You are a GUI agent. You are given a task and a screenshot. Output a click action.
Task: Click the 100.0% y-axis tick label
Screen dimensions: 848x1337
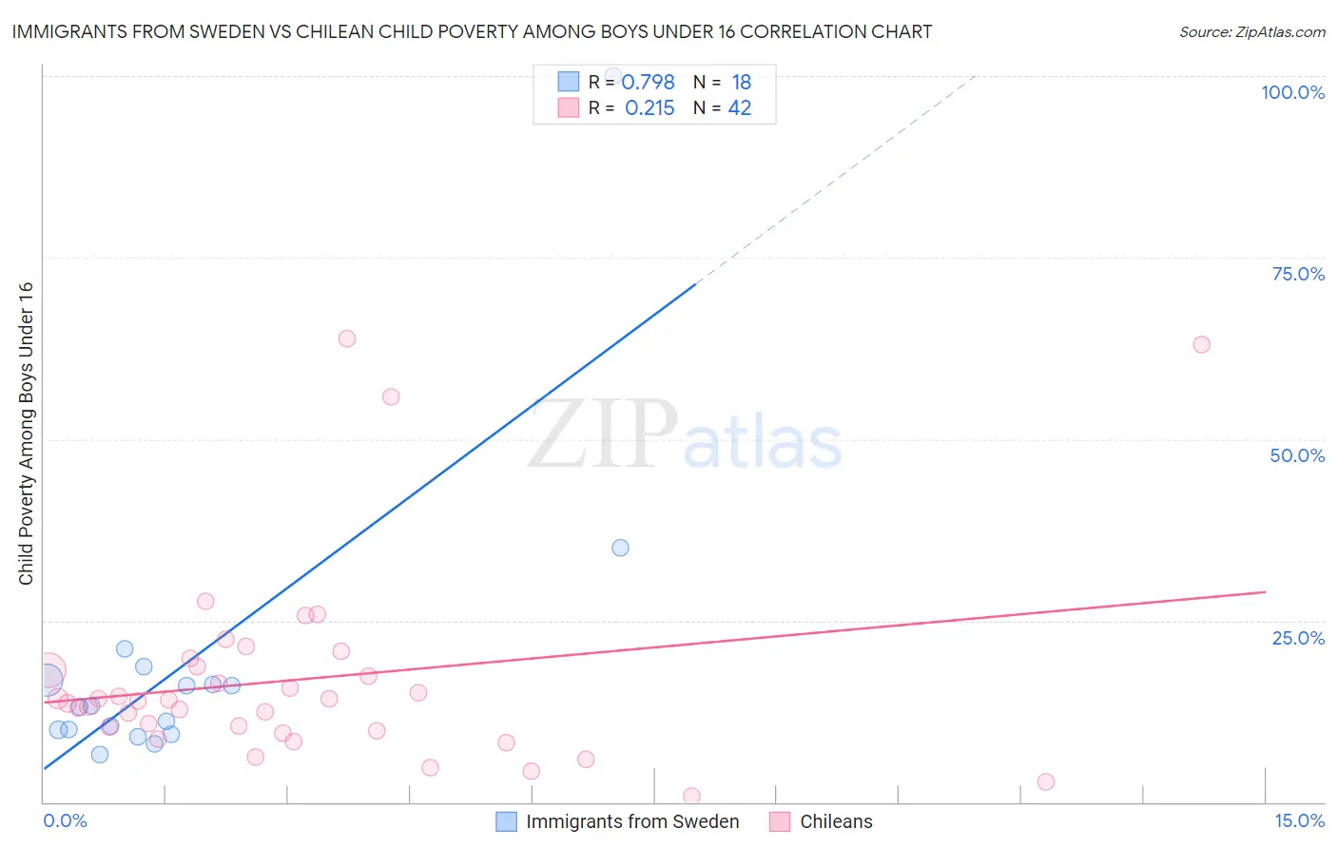(x=1292, y=92)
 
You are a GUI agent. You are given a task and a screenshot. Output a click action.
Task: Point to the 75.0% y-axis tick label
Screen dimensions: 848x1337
(x=1298, y=274)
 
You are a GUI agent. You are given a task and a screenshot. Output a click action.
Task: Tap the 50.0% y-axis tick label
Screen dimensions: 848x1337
(x=1297, y=455)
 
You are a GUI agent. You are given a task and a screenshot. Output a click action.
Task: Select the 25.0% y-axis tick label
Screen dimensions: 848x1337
(x=1298, y=638)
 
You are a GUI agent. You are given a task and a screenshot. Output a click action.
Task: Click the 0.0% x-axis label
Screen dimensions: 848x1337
(x=65, y=820)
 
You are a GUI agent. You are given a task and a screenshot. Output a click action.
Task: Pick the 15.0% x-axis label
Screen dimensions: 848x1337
(x=1299, y=820)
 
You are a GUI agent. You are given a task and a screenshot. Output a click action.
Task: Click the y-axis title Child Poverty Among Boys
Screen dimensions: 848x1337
(x=26, y=434)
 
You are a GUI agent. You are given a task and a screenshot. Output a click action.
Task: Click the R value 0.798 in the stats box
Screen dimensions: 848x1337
(x=649, y=83)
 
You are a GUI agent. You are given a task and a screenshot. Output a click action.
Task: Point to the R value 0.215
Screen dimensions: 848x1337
(x=649, y=108)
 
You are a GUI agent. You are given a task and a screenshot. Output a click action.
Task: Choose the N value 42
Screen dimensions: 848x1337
(x=740, y=108)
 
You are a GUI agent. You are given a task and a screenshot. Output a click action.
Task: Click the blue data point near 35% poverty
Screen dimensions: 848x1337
(x=620, y=548)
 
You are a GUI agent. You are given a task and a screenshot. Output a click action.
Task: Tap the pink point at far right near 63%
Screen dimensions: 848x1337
(x=1201, y=344)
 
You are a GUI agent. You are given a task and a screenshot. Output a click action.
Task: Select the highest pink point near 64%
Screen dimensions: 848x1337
(x=347, y=338)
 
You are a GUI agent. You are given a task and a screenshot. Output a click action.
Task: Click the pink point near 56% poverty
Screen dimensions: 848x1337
(x=391, y=396)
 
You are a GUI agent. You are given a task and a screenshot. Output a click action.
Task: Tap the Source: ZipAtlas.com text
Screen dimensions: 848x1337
(x=1251, y=31)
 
